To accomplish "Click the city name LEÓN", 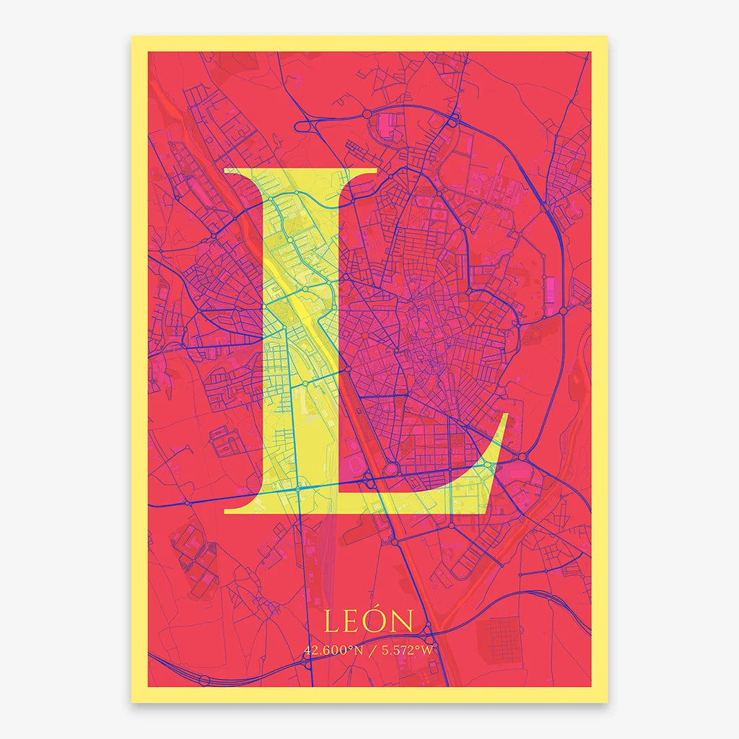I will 369,621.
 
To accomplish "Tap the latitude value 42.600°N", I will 333,650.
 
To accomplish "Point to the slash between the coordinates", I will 370,650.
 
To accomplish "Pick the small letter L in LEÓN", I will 332,622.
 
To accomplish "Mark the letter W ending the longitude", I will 429,650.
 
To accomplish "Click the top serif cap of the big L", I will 300,172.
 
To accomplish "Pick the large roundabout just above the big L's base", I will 390,470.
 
